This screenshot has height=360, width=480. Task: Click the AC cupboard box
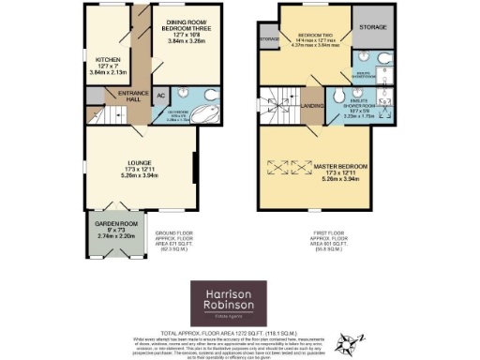pyautogui.click(x=159, y=96)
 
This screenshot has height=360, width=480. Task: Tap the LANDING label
pyautogui.click(x=314, y=106)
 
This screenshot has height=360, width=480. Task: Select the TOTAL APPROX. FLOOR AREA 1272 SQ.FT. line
pyautogui.click(x=240, y=331)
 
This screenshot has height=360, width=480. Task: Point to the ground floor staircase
pyautogui.click(x=111, y=115)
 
